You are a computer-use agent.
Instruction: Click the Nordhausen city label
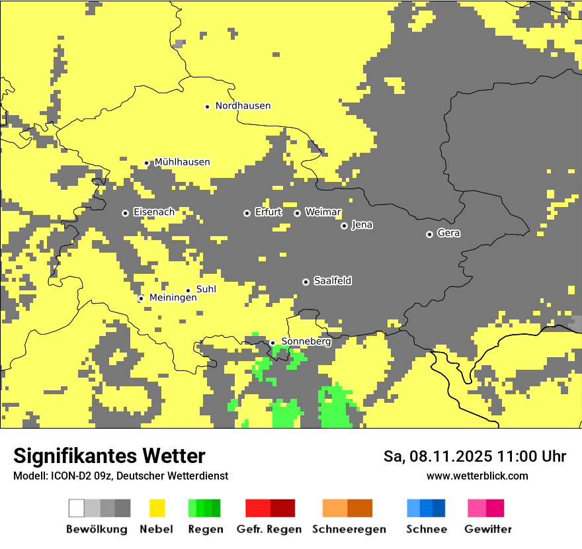coord(243,106)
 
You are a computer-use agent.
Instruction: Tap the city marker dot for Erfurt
coord(247,213)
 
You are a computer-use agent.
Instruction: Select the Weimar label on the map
coord(323,212)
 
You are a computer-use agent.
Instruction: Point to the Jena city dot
coord(344,226)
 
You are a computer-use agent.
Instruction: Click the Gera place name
coord(448,233)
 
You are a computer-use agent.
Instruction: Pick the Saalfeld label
coord(332,281)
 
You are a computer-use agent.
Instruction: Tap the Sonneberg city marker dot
coord(272,343)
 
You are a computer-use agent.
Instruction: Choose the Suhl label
coord(206,289)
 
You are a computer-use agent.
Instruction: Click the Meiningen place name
coord(173,298)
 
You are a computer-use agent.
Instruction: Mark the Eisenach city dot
coord(125,213)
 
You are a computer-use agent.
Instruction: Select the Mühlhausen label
coord(182,162)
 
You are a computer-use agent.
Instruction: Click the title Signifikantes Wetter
coord(109,456)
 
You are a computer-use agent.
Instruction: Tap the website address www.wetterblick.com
coord(477,476)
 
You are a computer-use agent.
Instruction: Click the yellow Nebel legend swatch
coord(157,508)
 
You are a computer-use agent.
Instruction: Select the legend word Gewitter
coord(487,529)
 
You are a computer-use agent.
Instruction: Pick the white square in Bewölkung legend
coord(77,508)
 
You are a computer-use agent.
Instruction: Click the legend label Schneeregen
coord(349,529)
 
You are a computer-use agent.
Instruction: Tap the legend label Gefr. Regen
coord(269,529)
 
